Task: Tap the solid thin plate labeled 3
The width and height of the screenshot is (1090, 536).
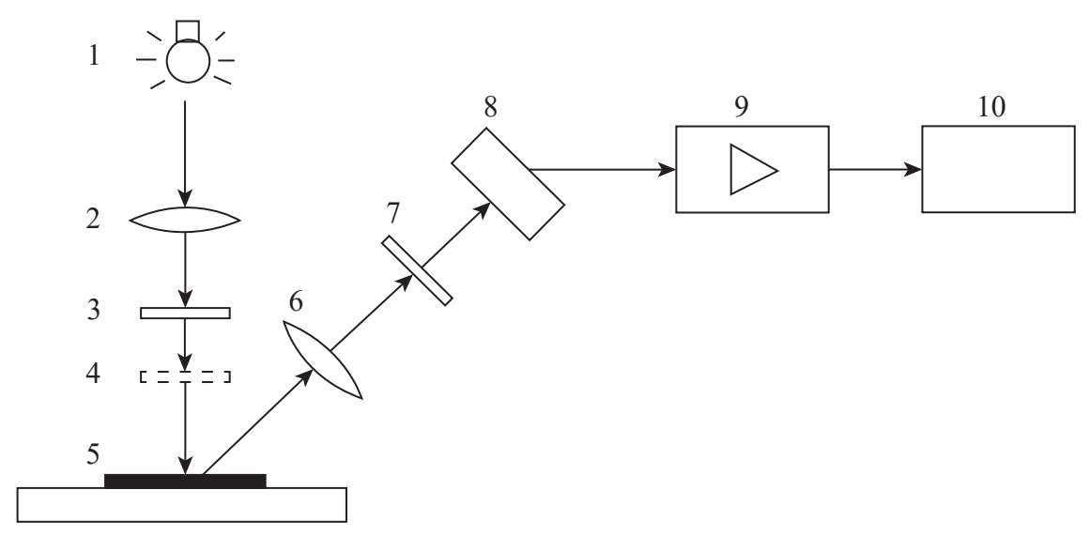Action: [185, 313]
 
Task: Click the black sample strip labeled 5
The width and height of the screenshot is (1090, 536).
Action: [185, 481]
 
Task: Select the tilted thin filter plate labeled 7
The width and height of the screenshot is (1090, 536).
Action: [417, 270]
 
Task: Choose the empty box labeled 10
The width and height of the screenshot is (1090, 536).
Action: [998, 169]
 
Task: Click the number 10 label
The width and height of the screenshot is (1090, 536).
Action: [990, 106]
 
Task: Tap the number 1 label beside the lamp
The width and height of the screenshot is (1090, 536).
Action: [93, 56]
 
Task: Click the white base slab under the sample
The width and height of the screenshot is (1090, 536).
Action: [183, 505]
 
